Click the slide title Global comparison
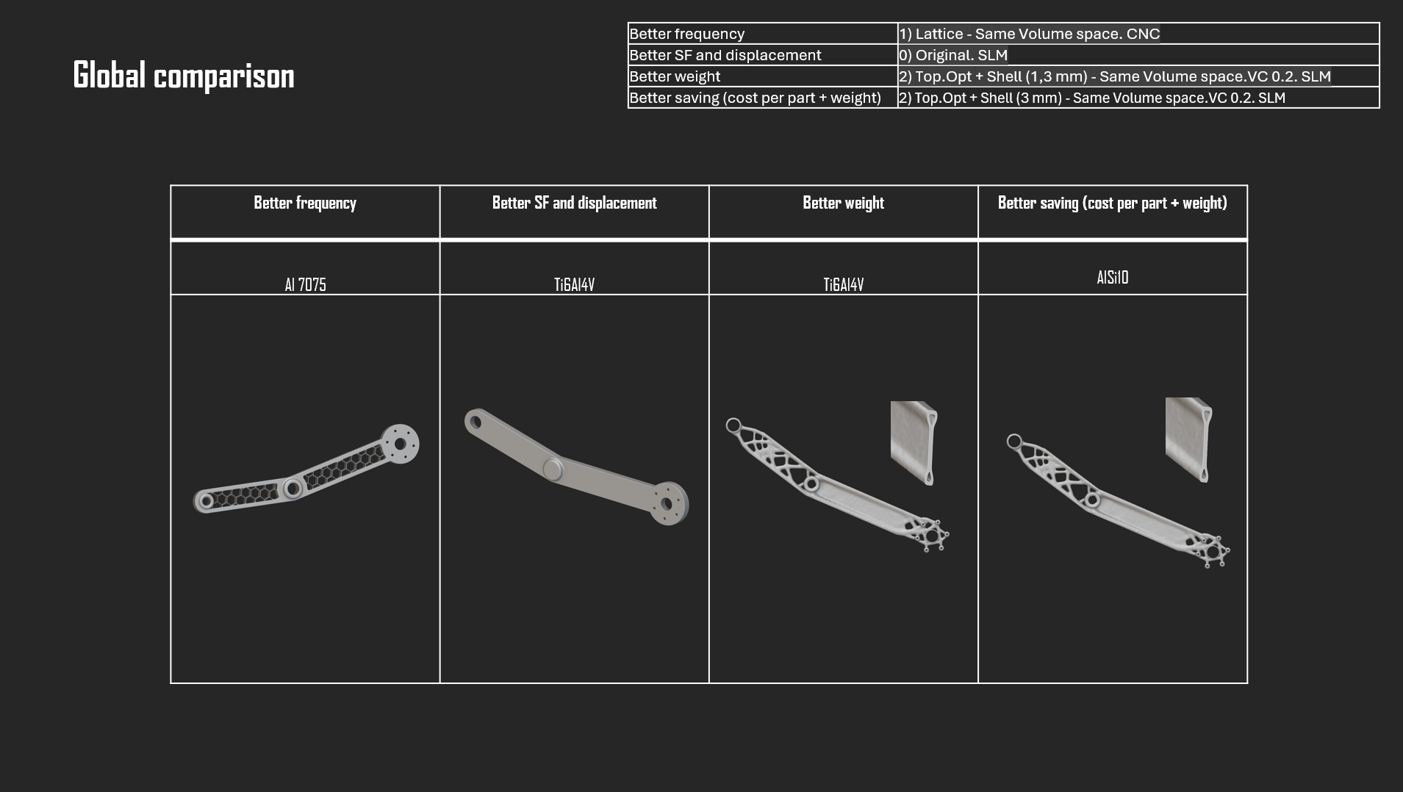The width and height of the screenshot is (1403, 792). click(x=184, y=76)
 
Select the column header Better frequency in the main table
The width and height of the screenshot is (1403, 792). click(x=305, y=203)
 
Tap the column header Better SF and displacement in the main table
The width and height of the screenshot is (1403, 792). click(x=574, y=203)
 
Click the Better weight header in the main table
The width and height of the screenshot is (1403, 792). click(x=843, y=203)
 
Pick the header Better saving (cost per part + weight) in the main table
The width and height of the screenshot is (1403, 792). click(x=1112, y=203)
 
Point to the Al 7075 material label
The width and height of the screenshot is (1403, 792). click(x=305, y=284)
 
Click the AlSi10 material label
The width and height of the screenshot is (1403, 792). click(x=1112, y=277)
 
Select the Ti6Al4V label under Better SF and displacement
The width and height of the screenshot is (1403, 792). click(x=574, y=284)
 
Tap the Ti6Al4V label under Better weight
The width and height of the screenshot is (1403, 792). click(x=843, y=284)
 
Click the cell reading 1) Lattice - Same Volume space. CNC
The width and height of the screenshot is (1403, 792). click(x=1029, y=34)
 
